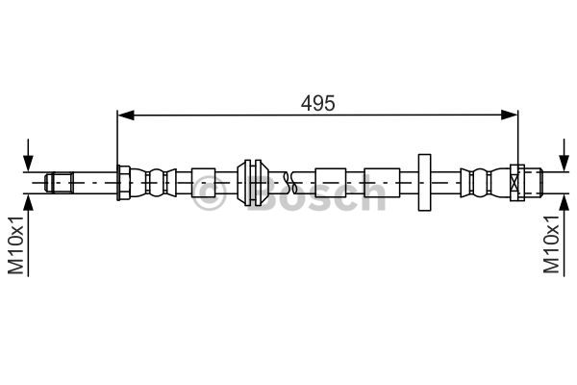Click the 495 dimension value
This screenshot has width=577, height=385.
pyautogui.click(x=318, y=103)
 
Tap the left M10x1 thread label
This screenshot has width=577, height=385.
pyautogui.click(x=15, y=245)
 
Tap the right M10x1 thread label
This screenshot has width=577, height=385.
pyautogui.click(x=551, y=244)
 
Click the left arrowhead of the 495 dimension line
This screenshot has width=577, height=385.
pyautogui.click(x=125, y=115)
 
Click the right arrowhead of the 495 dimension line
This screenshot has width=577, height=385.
pyautogui.click(x=510, y=115)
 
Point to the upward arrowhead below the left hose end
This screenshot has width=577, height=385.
pyautogui.click(x=28, y=202)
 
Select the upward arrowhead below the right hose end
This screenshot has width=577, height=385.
pyautogui.click(x=564, y=202)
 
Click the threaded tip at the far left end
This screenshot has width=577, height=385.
pyautogui.click(x=59, y=183)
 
